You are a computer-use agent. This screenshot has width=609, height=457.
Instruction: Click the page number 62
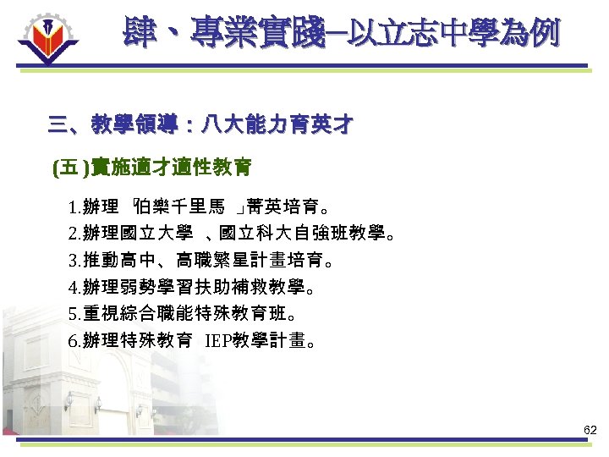click(590, 431)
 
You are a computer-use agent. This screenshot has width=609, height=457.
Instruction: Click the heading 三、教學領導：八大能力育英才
click(200, 126)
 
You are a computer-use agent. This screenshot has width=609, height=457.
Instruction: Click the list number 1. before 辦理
click(75, 206)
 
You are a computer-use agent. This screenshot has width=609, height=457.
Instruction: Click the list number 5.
click(75, 315)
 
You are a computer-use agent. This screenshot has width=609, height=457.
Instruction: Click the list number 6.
click(75, 342)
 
